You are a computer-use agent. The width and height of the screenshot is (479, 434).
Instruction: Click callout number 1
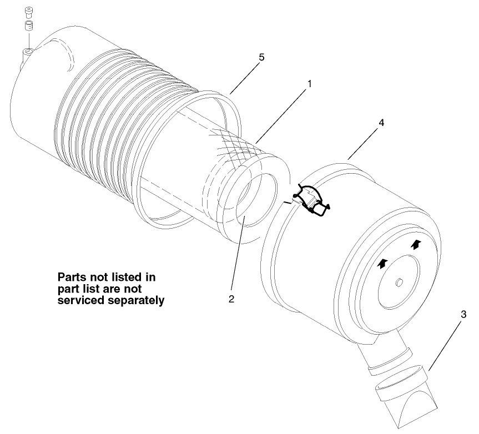coord(309,84)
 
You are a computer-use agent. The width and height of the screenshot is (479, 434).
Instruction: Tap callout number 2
coord(231,299)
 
